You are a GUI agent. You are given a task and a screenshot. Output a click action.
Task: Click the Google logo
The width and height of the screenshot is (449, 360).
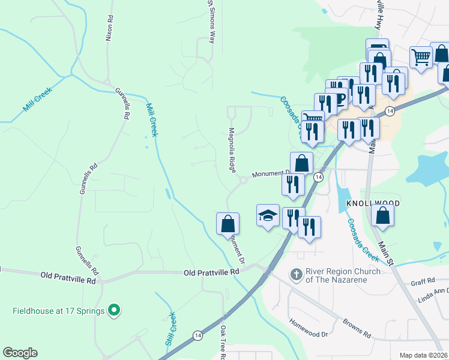point(20,353)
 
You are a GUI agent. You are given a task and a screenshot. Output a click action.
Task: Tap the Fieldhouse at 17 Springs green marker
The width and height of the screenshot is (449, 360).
point(112,311)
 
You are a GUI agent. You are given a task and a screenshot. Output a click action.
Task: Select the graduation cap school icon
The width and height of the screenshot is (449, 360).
point(268,216)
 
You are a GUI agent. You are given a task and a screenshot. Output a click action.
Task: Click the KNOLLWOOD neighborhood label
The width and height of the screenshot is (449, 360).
point(373,203)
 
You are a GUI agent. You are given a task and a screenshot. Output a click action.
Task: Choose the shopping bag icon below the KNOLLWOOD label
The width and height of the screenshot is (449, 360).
point(382,216)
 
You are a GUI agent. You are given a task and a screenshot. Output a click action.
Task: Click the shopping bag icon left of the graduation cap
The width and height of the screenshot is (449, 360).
point(228,224)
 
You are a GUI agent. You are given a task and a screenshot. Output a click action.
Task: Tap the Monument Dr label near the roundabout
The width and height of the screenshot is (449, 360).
point(271,173)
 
